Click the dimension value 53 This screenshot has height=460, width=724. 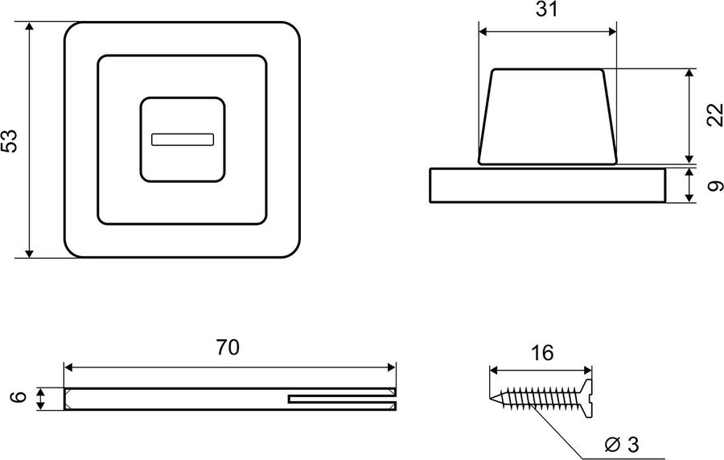(x=10, y=140)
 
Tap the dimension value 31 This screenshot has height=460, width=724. (x=547, y=9)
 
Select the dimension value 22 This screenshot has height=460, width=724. (x=715, y=115)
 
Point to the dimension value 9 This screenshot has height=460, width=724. (x=715, y=186)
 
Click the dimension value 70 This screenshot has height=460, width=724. (x=228, y=348)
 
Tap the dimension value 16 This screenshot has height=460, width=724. (x=541, y=353)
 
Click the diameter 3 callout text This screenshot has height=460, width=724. (x=622, y=445)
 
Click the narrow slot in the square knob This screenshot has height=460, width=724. (x=183, y=139)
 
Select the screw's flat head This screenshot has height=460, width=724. (x=587, y=399)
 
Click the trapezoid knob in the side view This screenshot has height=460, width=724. (x=548, y=117)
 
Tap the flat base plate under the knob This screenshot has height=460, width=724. (x=548, y=185)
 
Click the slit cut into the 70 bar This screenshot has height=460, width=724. (x=342, y=399)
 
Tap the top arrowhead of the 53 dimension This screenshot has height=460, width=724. (x=30, y=27)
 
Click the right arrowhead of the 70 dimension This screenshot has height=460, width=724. (x=391, y=367)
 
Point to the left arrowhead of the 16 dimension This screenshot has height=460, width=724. (x=495, y=371)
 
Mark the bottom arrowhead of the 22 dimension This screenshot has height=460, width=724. (x=689, y=158)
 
